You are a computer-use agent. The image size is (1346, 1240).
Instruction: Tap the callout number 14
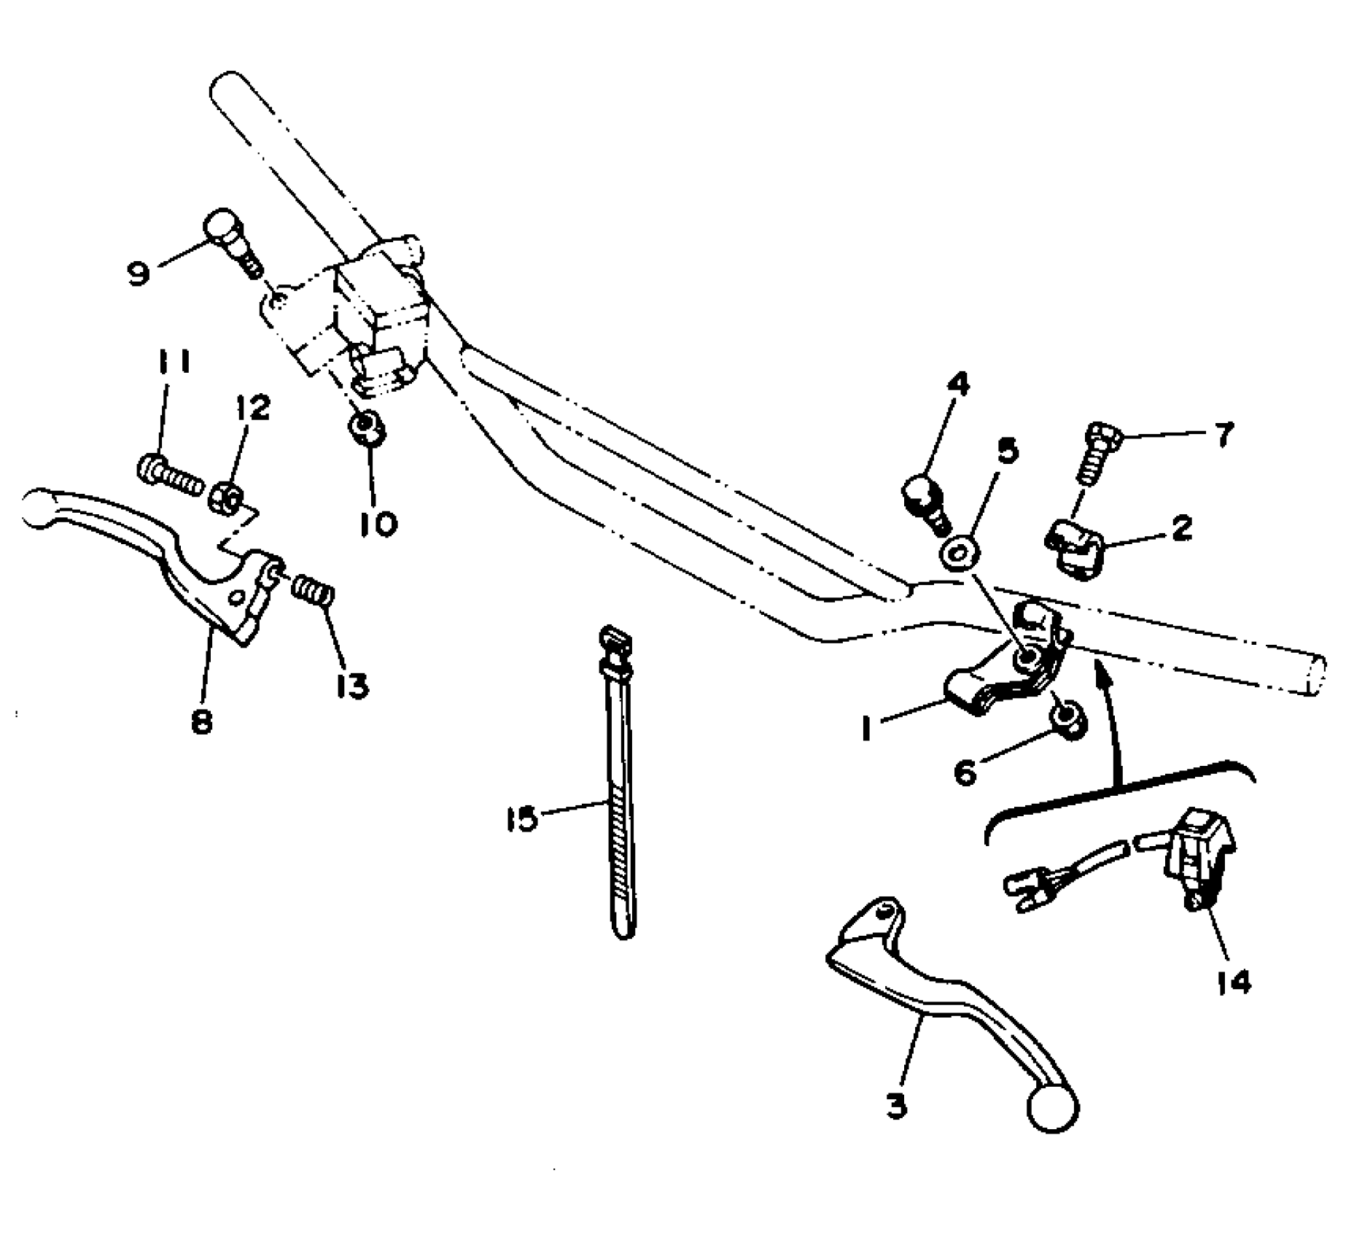(x=1233, y=982)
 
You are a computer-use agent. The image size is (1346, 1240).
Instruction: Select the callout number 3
(x=896, y=1105)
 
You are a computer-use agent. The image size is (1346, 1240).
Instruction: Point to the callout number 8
(x=201, y=721)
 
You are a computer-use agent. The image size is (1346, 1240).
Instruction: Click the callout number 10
(x=378, y=522)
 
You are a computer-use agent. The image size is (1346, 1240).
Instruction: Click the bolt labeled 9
(x=231, y=244)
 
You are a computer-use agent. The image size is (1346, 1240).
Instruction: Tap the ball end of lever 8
(x=39, y=508)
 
